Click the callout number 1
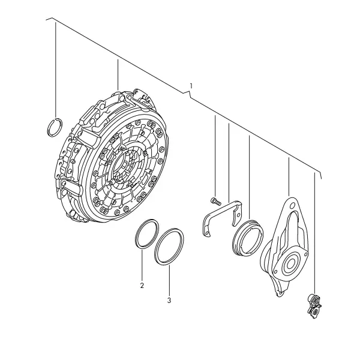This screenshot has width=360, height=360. point(191,86)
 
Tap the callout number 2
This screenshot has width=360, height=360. point(142,286)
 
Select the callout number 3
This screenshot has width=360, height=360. point(169,301)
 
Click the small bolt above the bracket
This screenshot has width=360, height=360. point(215,201)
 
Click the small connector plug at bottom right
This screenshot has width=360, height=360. point(315,306)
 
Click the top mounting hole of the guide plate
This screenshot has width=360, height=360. point(292,205)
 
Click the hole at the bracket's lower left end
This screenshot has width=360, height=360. point(208,233)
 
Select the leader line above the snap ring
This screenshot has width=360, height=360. point(55,70)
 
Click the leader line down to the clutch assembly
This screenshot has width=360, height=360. point(118,75)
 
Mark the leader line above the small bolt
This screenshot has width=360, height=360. point(215,157)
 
